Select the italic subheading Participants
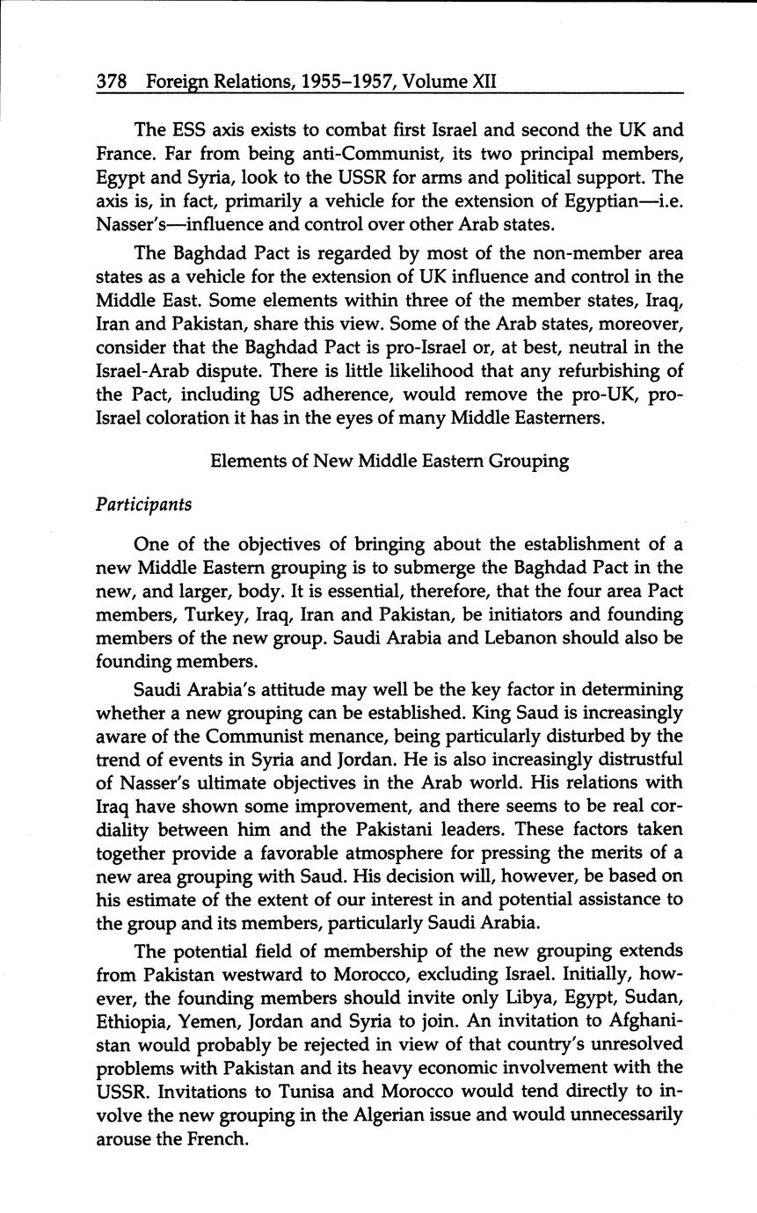(143, 505)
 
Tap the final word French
(219, 1139)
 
